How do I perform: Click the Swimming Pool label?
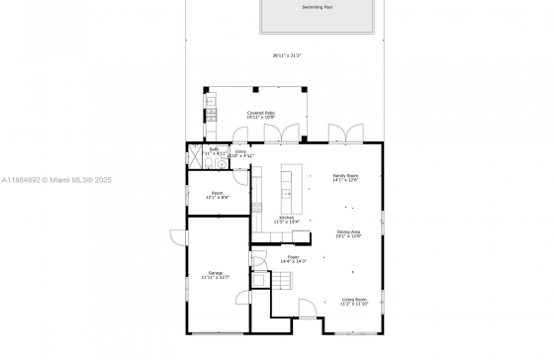tap(318, 7)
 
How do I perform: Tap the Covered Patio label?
tap(261, 115)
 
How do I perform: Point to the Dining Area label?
tap(348, 233)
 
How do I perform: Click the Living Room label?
tap(354, 301)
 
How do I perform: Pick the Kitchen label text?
tap(286, 220)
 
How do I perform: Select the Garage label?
tap(215, 275)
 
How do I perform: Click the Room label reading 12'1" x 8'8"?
tap(217, 195)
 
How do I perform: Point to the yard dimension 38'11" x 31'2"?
tap(287, 55)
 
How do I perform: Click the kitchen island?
tap(289, 182)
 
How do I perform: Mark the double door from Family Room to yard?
tap(341, 133)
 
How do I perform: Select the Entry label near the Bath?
tap(240, 153)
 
